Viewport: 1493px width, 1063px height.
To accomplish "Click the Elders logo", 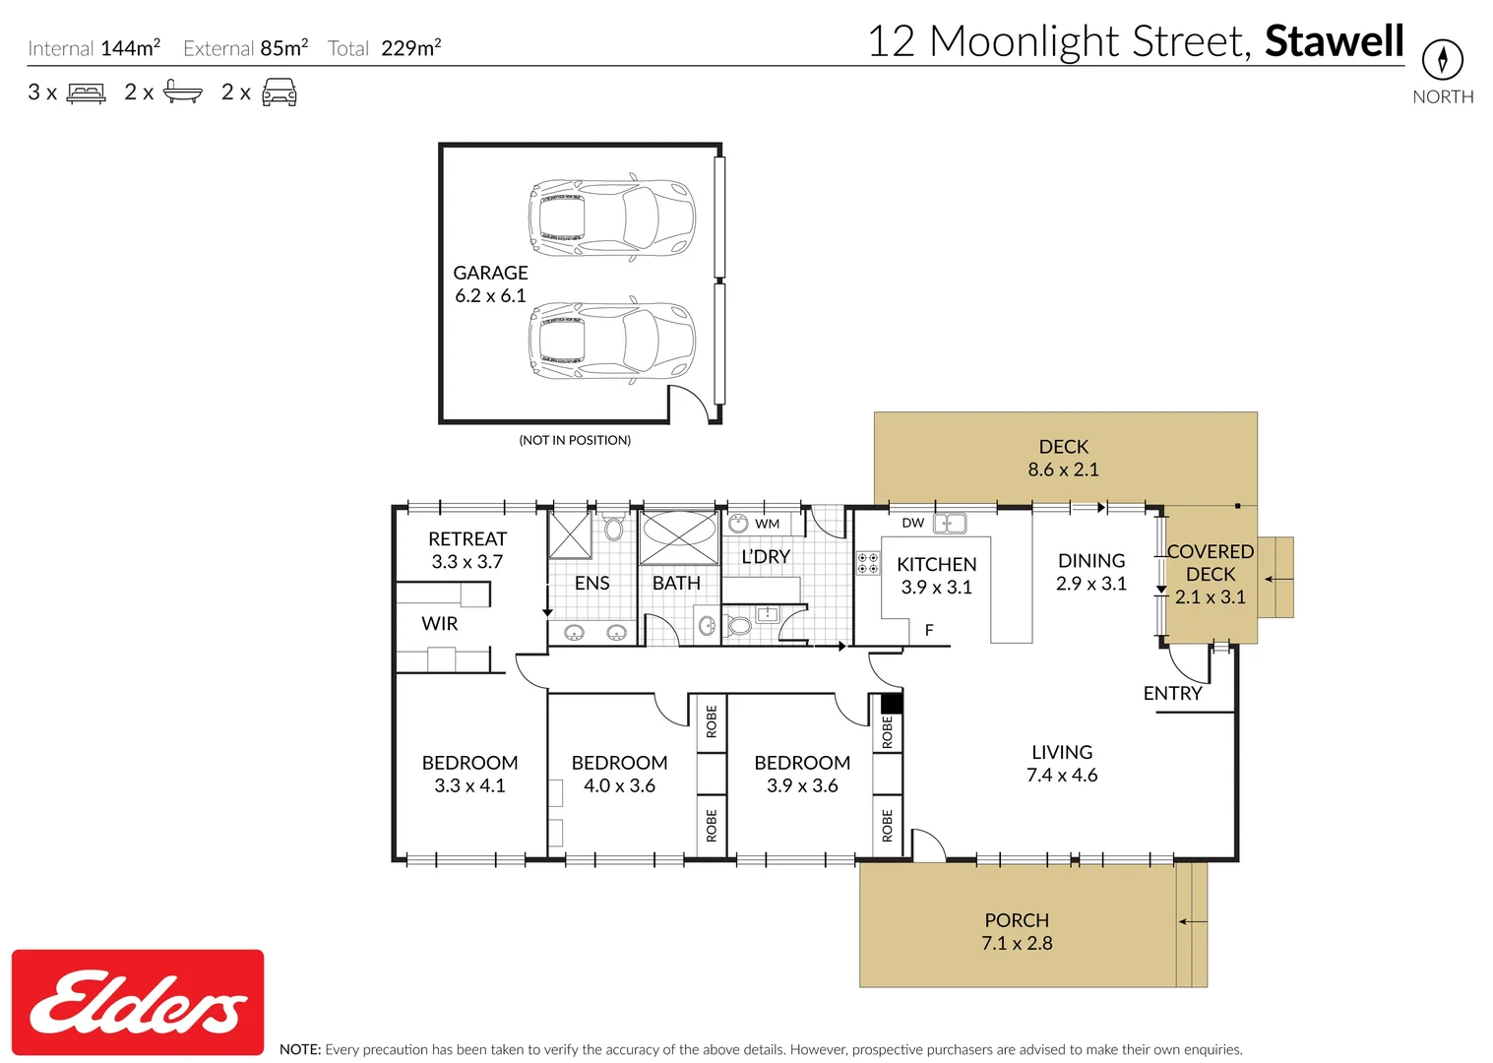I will [138, 1002].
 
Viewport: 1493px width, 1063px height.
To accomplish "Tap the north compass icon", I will [1442, 59].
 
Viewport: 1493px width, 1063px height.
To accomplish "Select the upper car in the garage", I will [611, 218].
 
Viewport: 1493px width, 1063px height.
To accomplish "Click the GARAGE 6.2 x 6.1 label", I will [490, 284].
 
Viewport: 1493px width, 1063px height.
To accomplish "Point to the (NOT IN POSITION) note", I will [575, 440].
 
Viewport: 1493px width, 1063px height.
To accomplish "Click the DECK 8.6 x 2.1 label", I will [1063, 459].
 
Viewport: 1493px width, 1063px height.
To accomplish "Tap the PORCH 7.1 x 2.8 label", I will [1017, 932].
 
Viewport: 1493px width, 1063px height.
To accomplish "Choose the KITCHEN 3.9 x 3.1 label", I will [936, 576].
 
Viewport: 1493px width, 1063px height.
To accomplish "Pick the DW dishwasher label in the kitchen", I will [912, 523].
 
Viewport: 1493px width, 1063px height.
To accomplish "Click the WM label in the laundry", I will [767, 524].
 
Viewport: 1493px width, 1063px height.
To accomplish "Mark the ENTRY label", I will [1172, 694].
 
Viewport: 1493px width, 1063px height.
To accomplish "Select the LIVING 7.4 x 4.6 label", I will [1061, 764].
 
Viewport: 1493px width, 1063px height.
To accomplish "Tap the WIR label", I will [439, 624].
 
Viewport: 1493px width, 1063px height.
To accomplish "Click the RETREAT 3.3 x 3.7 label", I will [467, 550].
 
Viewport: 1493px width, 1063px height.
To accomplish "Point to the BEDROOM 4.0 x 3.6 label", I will [619, 775].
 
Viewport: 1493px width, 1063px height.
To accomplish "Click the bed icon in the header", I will [87, 94].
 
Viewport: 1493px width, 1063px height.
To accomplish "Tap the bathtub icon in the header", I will [183, 93].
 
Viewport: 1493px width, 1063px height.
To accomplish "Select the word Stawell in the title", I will [1334, 41].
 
